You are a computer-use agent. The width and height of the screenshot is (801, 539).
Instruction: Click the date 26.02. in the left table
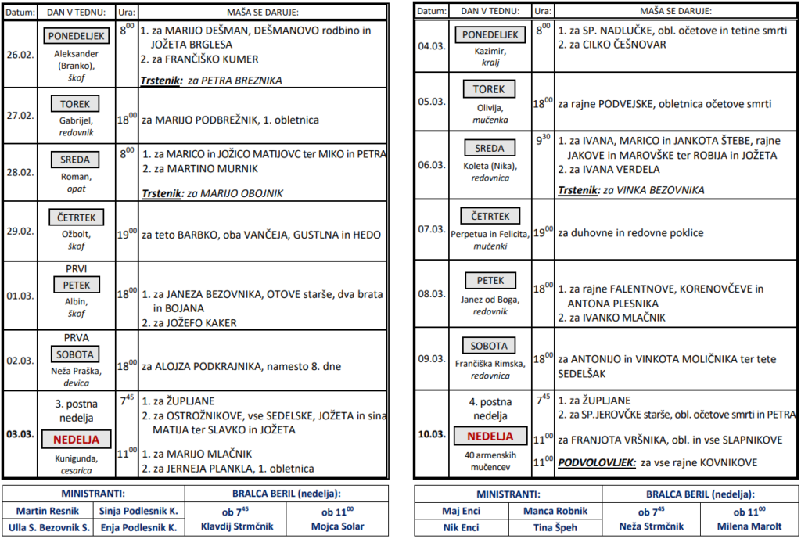20,54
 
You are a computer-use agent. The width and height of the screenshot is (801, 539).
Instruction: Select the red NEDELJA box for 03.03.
76,438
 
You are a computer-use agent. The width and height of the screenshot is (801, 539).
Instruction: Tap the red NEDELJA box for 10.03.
490,436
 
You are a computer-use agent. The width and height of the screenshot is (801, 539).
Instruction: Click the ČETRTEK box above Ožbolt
76,217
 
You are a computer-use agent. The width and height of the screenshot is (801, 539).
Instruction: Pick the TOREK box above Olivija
490,90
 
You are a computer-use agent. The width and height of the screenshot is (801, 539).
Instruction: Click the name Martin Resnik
48,511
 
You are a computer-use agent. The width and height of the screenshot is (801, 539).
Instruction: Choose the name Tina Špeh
555,526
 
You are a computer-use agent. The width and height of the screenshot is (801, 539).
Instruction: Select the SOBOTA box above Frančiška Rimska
490,346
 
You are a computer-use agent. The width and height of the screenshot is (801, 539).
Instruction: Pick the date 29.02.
20,231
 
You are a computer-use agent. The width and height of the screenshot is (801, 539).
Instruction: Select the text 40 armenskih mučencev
490,460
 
